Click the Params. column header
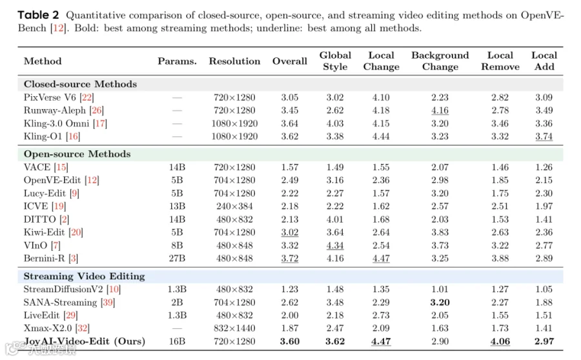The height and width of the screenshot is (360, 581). click(x=177, y=61)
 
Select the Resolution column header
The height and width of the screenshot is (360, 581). click(x=234, y=61)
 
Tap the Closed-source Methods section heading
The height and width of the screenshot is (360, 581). click(x=81, y=84)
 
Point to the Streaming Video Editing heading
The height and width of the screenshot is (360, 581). click(x=84, y=276)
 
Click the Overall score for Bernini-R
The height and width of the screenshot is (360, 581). click(x=289, y=259)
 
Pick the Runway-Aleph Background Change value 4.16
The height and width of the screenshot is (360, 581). click(x=440, y=110)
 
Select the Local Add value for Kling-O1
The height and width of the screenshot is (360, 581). click(x=544, y=137)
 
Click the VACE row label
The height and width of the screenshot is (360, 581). click(x=46, y=167)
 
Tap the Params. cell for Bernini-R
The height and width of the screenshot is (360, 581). click(x=177, y=259)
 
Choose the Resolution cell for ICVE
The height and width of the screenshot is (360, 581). click(x=234, y=206)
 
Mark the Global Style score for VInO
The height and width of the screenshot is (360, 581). click(x=335, y=246)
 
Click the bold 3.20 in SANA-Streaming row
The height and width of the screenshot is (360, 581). click(x=440, y=303)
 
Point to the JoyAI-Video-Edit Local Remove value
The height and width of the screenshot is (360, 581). click(x=500, y=341)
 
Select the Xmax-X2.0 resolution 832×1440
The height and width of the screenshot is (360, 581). click(x=234, y=328)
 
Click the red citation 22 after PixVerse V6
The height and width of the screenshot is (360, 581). click(x=87, y=97)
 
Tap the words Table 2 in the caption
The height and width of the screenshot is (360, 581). click(x=38, y=15)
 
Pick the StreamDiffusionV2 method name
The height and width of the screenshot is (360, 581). click(x=63, y=289)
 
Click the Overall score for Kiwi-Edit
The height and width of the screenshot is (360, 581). click(x=289, y=233)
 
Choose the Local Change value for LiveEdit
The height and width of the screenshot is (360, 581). click(x=381, y=315)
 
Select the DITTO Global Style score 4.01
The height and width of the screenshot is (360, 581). click(x=335, y=219)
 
